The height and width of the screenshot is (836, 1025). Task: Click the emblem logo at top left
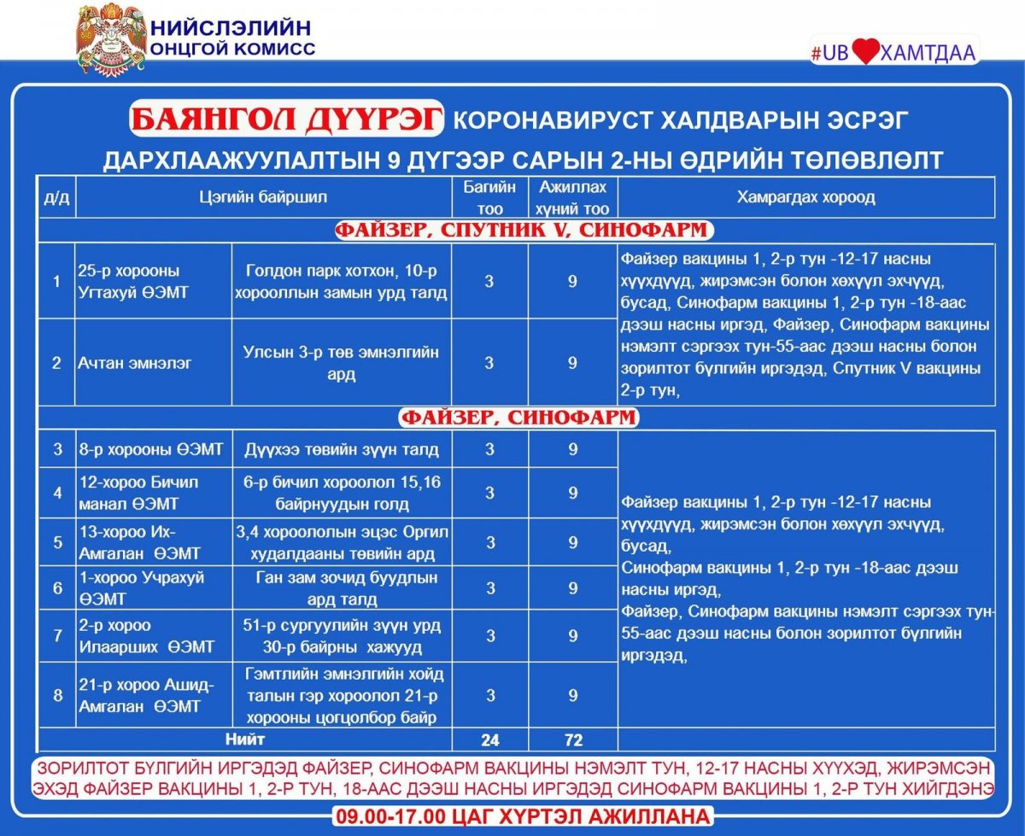[110, 38]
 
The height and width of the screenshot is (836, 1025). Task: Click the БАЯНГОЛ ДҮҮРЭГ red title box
[287, 119]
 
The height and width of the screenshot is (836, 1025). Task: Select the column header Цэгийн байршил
[263, 197]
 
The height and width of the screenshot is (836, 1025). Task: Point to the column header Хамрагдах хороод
[805, 197]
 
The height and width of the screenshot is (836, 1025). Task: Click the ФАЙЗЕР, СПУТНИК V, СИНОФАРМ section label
[521, 231]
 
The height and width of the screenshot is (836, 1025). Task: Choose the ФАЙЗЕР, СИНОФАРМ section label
[519, 418]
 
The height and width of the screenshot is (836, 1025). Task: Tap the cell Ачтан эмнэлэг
[135, 363]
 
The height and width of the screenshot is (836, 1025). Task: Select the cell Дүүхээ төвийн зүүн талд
[342, 449]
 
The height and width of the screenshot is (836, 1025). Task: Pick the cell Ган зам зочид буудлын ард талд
[342, 588]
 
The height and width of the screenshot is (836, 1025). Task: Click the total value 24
[489, 740]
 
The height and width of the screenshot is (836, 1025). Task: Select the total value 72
[573, 740]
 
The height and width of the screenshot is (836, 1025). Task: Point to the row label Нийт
[245, 739]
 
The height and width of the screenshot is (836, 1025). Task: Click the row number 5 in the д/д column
[57, 542]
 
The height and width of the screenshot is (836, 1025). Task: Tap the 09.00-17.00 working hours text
[521, 816]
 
